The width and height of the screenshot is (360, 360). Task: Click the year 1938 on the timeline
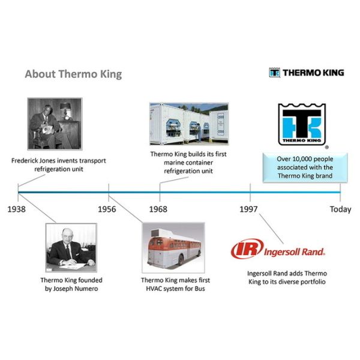[18, 209]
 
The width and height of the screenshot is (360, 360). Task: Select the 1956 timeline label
[108, 209]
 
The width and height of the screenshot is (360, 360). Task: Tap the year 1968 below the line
[158, 209]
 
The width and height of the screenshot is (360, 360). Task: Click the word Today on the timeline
[340, 209]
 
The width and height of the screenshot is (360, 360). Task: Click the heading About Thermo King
[73, 74]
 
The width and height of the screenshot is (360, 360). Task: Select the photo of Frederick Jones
[54, 124]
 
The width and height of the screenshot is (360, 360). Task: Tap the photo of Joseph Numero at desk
[71, 247]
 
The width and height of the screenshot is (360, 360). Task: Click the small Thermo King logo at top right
[307, 73]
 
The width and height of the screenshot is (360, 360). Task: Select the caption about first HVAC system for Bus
[173, 284]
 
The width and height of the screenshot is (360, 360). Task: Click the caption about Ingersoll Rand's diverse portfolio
[286, 277]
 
